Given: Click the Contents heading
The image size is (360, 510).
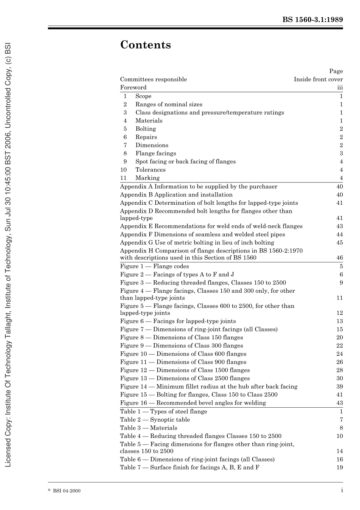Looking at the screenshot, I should point(146,45).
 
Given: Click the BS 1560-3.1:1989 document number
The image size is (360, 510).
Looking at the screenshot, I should point(312,20).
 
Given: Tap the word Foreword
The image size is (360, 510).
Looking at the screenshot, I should point(133,87).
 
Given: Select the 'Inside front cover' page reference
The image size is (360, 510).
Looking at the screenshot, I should point(318,79).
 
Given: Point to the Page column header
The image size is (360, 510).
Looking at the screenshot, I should point(336,71).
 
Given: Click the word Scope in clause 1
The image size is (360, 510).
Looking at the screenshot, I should point(143,96).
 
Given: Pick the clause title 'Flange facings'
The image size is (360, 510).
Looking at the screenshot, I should point(156,153).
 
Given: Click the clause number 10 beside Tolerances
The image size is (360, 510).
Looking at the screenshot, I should point(124,169).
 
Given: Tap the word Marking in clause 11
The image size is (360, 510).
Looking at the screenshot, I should point(147,178).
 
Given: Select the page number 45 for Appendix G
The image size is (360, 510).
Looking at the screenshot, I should point(339,242).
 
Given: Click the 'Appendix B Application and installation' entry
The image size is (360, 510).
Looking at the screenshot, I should point(176,195).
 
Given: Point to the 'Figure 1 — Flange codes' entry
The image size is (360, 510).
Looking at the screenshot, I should point(154,266).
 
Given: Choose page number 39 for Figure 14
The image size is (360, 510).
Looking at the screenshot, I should point(339,386).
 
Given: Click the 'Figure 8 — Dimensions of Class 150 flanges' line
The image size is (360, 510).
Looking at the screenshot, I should point(182,337).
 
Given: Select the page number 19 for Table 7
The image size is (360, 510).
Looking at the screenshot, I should point(339,467).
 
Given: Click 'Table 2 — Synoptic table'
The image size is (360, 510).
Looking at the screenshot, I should point(155,419).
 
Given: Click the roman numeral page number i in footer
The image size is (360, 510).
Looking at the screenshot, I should point(341,490).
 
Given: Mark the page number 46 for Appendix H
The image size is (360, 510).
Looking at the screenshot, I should point(339,257).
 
